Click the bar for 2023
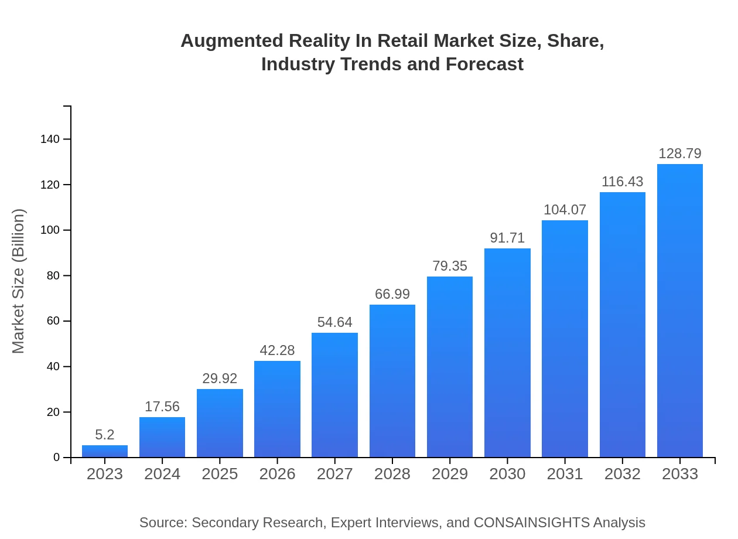105,451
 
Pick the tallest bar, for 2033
679,311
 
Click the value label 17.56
162,407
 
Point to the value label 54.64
334,322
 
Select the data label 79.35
450,266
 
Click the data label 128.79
679,153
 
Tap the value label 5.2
105,435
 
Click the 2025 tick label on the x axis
220,474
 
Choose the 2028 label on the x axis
392,474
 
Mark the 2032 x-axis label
622,474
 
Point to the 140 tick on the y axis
50,139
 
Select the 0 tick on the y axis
57,458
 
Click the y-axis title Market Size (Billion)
19,281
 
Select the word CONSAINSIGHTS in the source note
531,523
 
